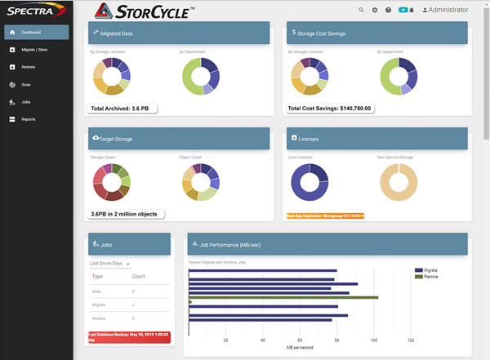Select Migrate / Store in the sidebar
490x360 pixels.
click(x=36, y=50)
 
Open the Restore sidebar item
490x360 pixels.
click(x=28, y=67)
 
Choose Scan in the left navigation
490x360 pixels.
click(x=26, y=84)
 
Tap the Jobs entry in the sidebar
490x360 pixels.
click(x=26, y=102)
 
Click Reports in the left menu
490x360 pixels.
click(x=29, y=119)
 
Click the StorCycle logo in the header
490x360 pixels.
click(x=144, y=11)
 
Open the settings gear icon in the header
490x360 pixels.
click(x=375, y=10)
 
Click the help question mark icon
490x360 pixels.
click(x=388, y=10)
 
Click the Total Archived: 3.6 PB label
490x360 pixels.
click(x=125, y=108)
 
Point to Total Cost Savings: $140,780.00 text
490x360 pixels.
click(x=331, y=108)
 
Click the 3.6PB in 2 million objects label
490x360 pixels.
click(x=127, y=214)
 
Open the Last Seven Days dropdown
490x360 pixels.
click(x=110, y=264)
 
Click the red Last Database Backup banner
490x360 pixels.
click(x=129, y=337)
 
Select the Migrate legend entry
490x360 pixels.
click(x=432, y=269)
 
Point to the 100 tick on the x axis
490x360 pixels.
click(x=373, y=341)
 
